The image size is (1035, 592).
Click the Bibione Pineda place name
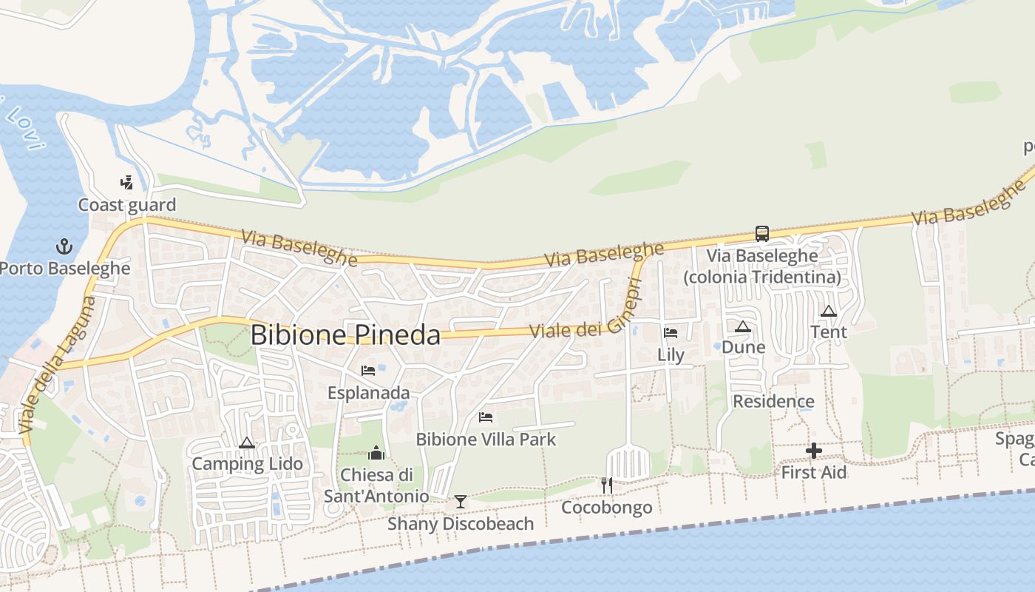(345, 334)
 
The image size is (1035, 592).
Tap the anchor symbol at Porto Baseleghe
(64, 246)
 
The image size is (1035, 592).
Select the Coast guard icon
(127, 182)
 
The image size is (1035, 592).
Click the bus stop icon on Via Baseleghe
(762, 234)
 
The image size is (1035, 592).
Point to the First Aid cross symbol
(814, 450)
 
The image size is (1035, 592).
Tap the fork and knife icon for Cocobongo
(607, 485)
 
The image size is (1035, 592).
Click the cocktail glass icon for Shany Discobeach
(461, 502)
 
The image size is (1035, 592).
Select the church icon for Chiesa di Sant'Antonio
(376, 453)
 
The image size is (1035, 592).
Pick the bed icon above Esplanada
(368, 370)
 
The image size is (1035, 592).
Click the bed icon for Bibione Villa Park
(486, 417)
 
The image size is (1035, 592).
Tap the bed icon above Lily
(671, 333)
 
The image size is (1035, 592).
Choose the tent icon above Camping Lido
(247, 443)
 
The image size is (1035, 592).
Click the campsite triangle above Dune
(743, 326)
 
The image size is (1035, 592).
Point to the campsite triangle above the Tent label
(828, 311)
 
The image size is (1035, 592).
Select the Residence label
(773, 401)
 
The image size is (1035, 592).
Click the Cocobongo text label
(607, 508)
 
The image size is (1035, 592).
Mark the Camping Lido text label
(247, 464)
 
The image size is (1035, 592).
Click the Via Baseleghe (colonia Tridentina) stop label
(762, 266)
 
